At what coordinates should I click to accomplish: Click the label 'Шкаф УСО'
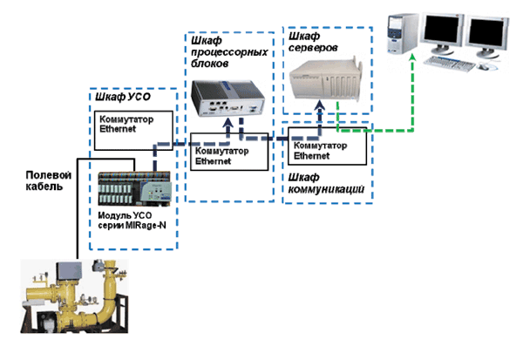pos(123,97)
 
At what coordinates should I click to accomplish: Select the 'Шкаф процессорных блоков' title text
pos(229,52)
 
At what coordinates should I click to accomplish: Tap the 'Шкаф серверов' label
pos(313,42)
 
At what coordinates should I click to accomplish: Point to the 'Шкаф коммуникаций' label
pos(326,183)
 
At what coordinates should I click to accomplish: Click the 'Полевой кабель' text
pos(48,180)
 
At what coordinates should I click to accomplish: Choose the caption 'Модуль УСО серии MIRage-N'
pos(132,221)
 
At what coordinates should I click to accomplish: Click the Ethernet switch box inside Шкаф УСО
pos(133,131)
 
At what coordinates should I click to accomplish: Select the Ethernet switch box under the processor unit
pos(229,152)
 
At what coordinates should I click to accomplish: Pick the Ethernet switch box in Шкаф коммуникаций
pos(327,146)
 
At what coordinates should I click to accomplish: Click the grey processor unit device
pos(228,98)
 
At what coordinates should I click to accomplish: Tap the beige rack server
pos(325,79)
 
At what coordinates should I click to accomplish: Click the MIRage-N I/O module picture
pos(135,189)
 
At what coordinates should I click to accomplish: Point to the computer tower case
pos(402,34)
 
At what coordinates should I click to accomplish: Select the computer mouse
pos(484,67)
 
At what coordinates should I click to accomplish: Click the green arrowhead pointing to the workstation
pos(413,58)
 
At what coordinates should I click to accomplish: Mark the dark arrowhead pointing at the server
pos(320,105)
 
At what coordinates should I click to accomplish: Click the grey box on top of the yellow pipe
pos(69,271)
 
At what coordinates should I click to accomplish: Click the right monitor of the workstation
pos(487,36)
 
